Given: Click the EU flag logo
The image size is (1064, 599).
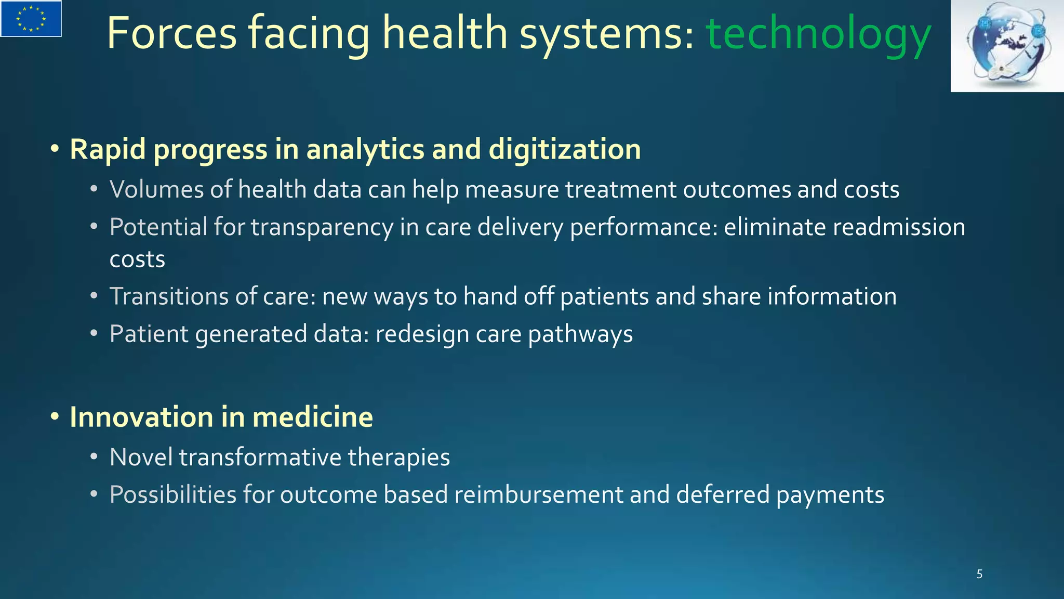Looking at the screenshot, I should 31,19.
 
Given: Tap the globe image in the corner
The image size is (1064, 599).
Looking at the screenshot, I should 1007,46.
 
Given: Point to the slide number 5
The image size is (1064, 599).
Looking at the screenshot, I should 979,574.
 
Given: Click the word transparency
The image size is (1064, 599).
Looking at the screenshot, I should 322,228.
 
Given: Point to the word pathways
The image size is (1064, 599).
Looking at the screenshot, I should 580,334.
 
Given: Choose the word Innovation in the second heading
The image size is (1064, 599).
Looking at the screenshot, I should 141,417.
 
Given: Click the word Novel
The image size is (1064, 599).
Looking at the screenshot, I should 141,457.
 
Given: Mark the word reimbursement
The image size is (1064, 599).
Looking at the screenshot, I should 538,494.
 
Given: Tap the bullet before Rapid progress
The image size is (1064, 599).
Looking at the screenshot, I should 55,150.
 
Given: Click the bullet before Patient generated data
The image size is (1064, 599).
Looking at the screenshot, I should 94,334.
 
